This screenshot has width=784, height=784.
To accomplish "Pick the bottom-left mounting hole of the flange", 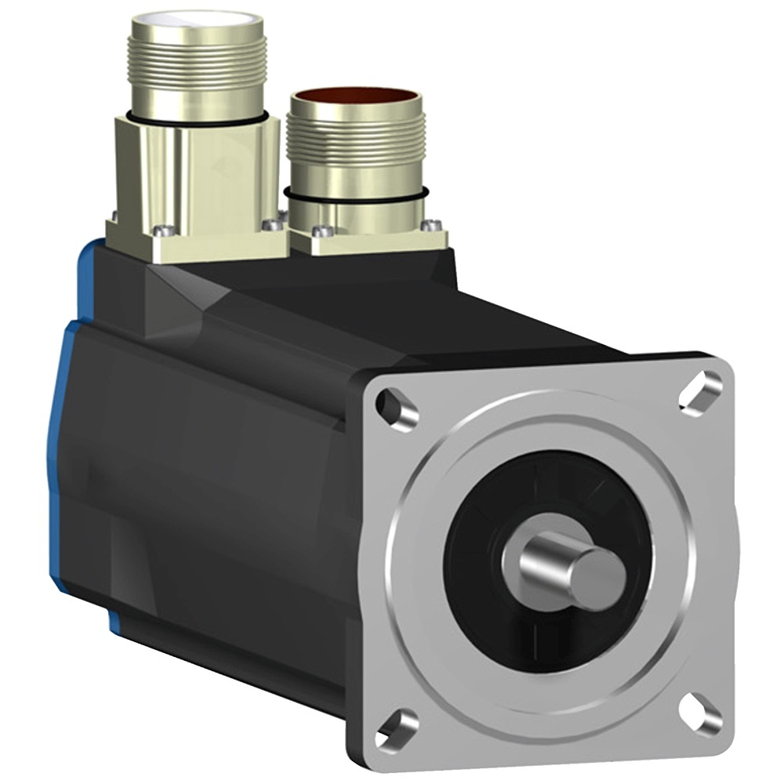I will tap(397, 728).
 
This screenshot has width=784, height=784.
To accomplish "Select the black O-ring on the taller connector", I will tap(196, 118).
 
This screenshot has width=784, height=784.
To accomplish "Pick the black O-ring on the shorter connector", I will tap(357, 194).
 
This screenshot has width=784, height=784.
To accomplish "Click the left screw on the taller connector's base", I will tap(163, 230).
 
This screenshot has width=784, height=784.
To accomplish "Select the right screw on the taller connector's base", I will tap(272, 225).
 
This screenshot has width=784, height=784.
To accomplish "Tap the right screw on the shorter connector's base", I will tap(429, 226).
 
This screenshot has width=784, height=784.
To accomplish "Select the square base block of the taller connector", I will tap(196, 188).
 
